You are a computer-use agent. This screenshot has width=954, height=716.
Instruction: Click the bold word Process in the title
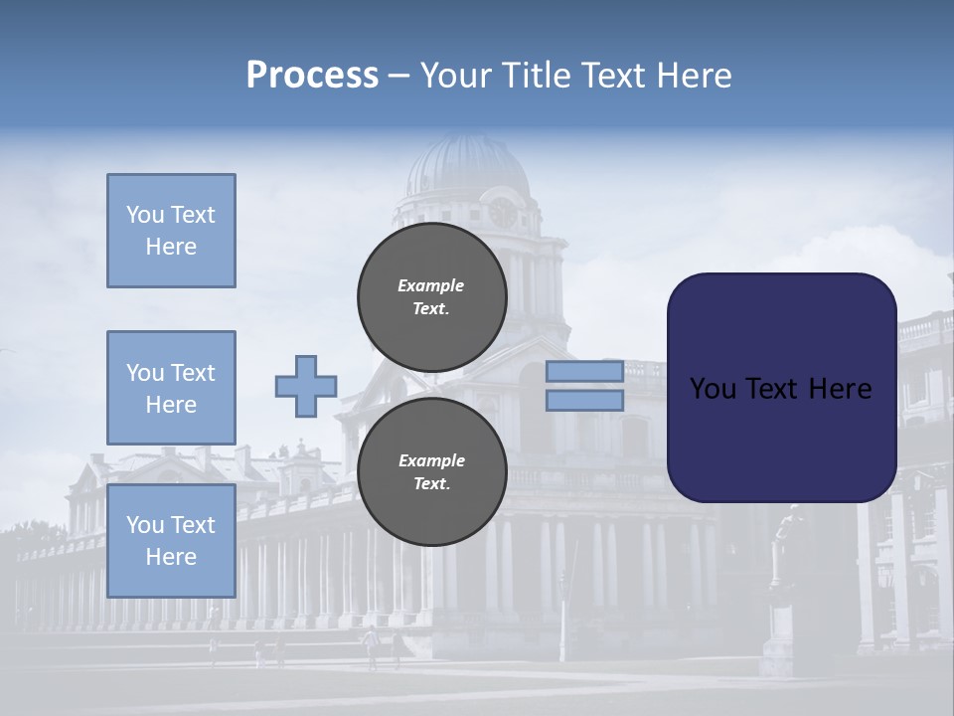click(x=312, y=75)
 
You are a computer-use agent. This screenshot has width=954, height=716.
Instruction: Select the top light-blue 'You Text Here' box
click(x=171, y=231)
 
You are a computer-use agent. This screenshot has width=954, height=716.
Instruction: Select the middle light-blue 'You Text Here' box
click(x=171, y=388)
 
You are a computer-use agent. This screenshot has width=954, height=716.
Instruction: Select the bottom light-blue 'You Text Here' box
click(x=171, y=541)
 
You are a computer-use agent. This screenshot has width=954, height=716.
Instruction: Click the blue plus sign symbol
click(x=306, y=387)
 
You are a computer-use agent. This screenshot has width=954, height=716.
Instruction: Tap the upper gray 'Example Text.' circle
click(x=431, y=296)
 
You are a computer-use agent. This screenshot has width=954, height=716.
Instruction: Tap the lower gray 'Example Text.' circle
click(x=431, y=471)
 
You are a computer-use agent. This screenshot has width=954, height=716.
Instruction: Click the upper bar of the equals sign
click(x=585, y=372)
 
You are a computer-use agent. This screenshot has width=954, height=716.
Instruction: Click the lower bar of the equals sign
click(x=585, y=401)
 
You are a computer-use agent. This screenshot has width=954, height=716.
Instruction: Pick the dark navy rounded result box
click(x=781, y=388)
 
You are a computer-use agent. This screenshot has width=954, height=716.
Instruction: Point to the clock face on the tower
click(x=503, y=212)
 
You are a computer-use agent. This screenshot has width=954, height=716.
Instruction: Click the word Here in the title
click(x=693, y=75)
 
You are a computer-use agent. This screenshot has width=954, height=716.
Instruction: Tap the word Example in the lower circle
click(x=431, y=460)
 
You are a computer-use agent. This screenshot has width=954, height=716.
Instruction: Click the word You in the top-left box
click(x=144, y=215)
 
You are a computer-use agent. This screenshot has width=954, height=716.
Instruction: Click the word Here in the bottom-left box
click(x=171, y=557)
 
